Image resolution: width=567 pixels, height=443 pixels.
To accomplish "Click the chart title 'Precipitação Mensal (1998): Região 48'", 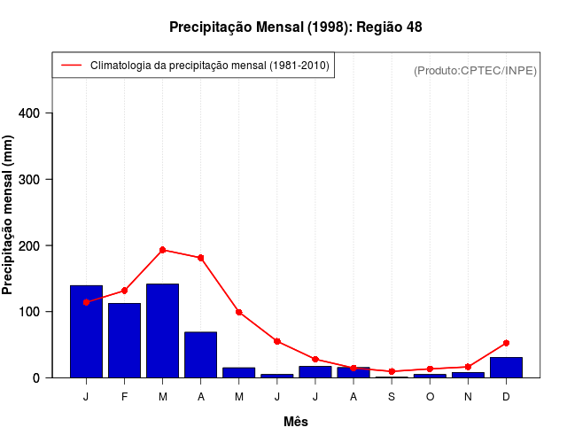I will pyautogui.click(x=295, y=27).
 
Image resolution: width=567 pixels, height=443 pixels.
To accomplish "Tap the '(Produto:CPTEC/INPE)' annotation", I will pyautogui.click(x=475, y=70).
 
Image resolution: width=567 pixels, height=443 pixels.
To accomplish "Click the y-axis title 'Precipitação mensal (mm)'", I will pyautogui.click(x=9, y=214).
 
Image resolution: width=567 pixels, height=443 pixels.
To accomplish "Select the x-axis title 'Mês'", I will pyautogui.click(x=296, y=422).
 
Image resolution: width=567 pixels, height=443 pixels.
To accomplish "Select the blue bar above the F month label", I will pyautogui.click(x=124, y=340).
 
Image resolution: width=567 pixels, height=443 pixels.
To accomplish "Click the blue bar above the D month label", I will pyautogui.click(x=506, y=368).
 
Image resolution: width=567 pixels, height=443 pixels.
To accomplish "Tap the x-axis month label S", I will pyautogui.click(x=392, y=396).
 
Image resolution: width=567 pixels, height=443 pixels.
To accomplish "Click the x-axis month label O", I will pyautogui.click(x=430, y=396).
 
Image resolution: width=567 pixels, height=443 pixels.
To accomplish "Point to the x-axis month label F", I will pyautogui.click(x=124, y=396).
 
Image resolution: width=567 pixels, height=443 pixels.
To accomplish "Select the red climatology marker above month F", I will pyautogui.click(x=124, y=291).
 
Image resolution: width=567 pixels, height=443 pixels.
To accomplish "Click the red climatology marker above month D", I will pyautogui.click(x=506, y=343).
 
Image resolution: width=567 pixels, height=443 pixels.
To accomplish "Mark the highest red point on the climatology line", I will pyautogui.click(x=162, y=250).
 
